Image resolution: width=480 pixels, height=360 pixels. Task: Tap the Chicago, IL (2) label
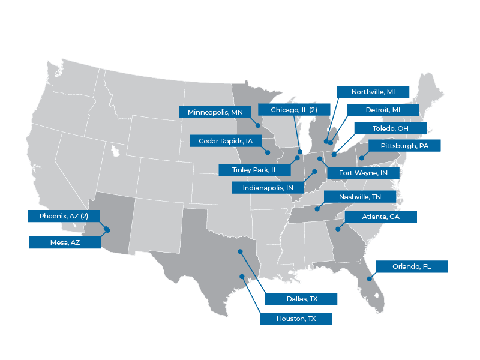tap(294, 110)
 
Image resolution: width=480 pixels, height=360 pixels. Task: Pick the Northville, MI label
tap(373, 92)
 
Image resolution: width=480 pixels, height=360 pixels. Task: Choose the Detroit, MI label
tap(382, 110)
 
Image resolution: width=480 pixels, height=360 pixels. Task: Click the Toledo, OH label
tap(389, 128)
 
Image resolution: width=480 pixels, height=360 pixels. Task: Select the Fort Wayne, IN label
tap(363, 173)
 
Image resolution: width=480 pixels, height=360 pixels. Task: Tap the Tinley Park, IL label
tap(255, 170)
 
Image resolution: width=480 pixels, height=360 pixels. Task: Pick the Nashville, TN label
tap(360, 197)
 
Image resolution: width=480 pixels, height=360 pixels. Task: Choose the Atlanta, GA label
tap(380, 217)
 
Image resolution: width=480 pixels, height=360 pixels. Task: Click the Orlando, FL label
tap(412, 266)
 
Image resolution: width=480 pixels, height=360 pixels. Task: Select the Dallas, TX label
tap(301, 299)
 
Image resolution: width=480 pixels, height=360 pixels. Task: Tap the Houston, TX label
tap(296, 319)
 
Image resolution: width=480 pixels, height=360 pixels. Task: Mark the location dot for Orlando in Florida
tap(370, 278)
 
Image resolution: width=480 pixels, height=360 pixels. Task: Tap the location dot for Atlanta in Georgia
tap(338, 229)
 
